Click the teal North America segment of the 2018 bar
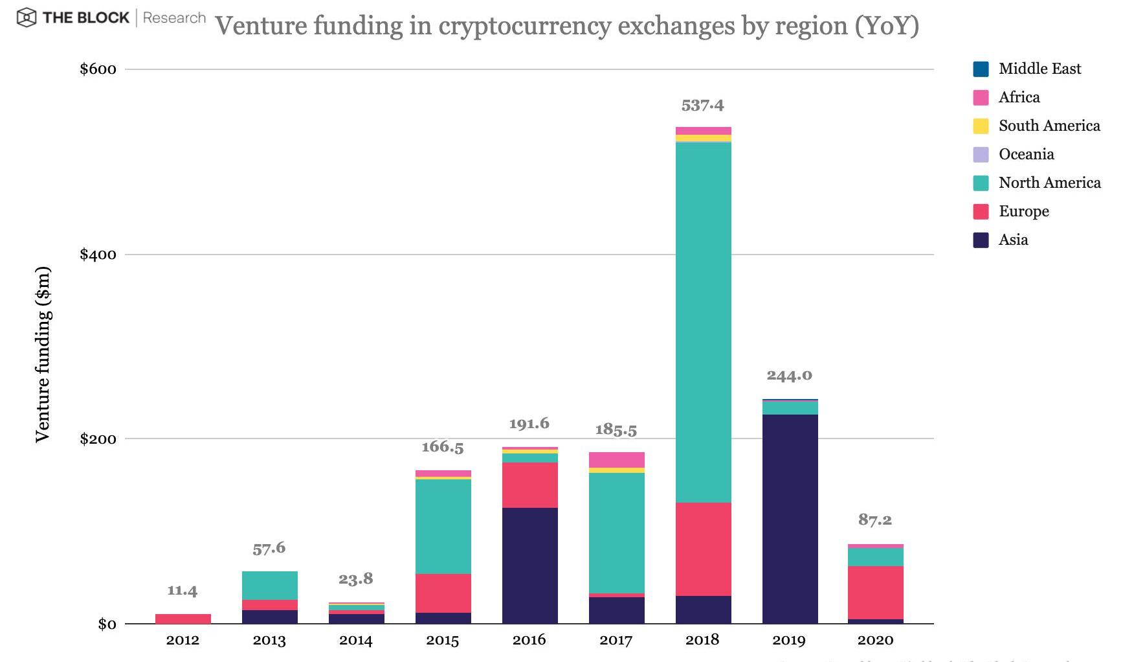pos(703,322)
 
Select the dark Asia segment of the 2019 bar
pos(790,518)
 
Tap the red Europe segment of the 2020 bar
pos(875,592)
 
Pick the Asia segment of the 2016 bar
pos(529,565)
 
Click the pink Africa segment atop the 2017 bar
pos(616,460)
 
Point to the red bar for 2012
pos(183,619)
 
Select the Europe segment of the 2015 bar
pos(443,593)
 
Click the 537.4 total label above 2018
pos(703,105)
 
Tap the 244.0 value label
pos(789,375)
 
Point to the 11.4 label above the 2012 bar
pos(183,590)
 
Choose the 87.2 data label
pos(875,519)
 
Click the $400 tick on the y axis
pos(98,254)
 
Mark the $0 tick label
pos(107,624)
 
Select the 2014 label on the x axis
pos(356,641)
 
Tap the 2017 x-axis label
pos(616,641)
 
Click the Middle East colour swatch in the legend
pos(981,69)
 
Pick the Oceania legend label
pos(1026,154)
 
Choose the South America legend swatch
pos(981,126)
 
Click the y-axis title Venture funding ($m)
pos(43,354)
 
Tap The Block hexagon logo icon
pos(27,18)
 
